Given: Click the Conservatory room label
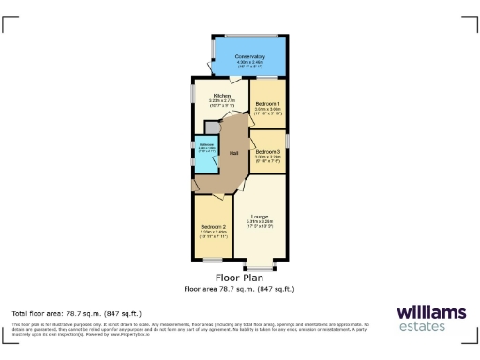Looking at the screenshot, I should pos(250,56).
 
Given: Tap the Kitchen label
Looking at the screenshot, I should pos(222,96).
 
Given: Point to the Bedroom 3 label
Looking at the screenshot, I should pos(267,151).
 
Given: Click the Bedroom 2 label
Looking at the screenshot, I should pos(213,227).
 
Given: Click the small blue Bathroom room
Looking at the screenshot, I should pos(205,157).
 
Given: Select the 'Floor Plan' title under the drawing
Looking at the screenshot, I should pos(239,277).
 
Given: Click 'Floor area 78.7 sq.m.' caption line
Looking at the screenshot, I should pos(239,289).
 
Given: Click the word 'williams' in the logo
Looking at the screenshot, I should pos(429,312).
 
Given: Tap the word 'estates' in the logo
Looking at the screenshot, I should pos(429,327).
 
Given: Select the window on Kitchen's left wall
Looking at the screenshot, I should pos(193,93).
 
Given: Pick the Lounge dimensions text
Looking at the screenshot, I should pos(259,223).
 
